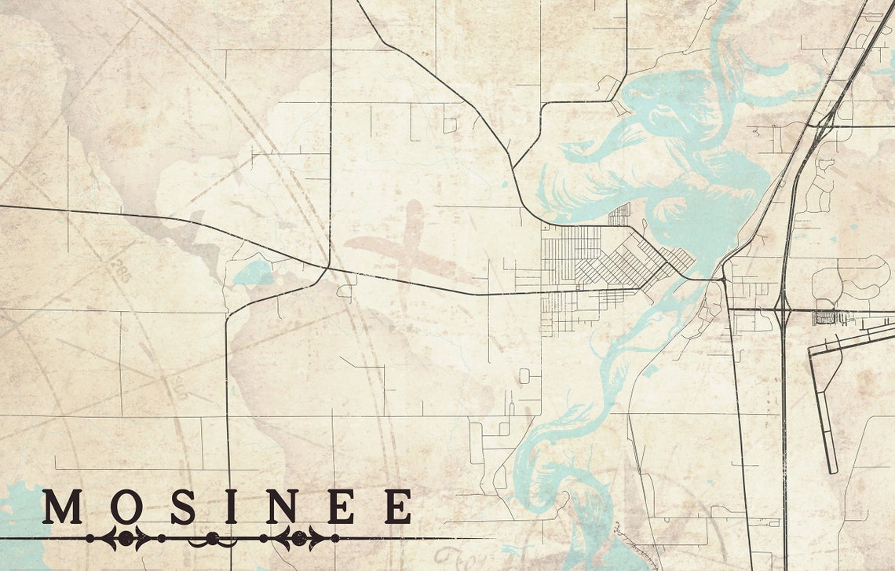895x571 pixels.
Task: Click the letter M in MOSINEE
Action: [x=62, y=507]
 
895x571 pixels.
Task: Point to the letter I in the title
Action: [x=231, y=507]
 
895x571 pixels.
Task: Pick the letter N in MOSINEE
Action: [x=281, y=507]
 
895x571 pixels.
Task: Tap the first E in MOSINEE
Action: [x=340, y=507]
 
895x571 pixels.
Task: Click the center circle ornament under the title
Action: [x=212, y=538]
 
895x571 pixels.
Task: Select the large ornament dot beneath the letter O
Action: [x=124, y=538]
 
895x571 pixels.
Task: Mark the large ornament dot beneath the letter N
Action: [x=299, y=538]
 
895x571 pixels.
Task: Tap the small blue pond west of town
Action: [x=252, y=274]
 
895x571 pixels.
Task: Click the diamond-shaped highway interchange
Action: [x=783, y=310]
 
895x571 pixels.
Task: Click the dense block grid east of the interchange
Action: [x=827, y=318]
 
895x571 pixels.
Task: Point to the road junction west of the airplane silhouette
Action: [x=328, y=268]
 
